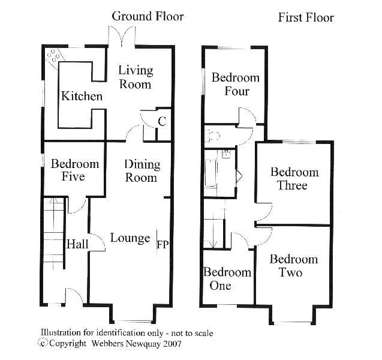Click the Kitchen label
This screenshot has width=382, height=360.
point(82,96)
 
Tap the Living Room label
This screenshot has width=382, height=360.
point(136,77)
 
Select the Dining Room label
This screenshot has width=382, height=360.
point(142,171)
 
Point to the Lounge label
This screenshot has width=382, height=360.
point(130,238)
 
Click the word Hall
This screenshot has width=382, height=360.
point(77,244)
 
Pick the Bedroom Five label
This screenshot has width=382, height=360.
point(75,170)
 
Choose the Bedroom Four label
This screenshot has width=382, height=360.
point(235,85)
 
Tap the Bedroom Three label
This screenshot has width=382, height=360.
point(294,179)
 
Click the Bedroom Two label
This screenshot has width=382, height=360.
point(294,266)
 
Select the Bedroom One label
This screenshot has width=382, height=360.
point(227,278)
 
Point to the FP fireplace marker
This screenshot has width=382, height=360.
point(163,244)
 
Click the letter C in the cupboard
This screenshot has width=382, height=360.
point(162,121)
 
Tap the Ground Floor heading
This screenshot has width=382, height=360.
point(148,17)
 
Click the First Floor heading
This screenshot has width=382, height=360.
point(306,17)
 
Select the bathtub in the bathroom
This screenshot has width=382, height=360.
point(210,173)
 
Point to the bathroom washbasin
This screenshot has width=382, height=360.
point(227,154)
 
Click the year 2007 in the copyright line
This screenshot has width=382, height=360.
point(173,344)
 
